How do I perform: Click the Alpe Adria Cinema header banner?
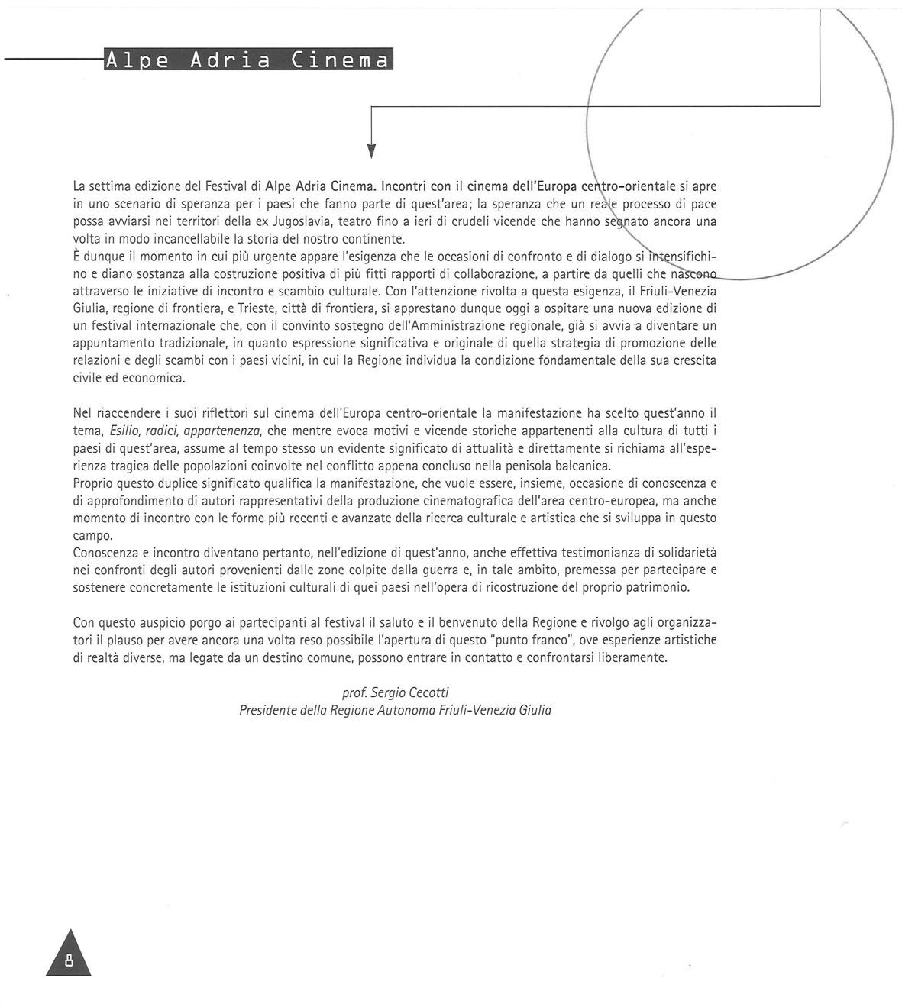pos(248,60)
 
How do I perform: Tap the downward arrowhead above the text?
pos(371,150)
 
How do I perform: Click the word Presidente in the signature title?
pos(269,710)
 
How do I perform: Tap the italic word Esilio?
pos(126,431)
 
